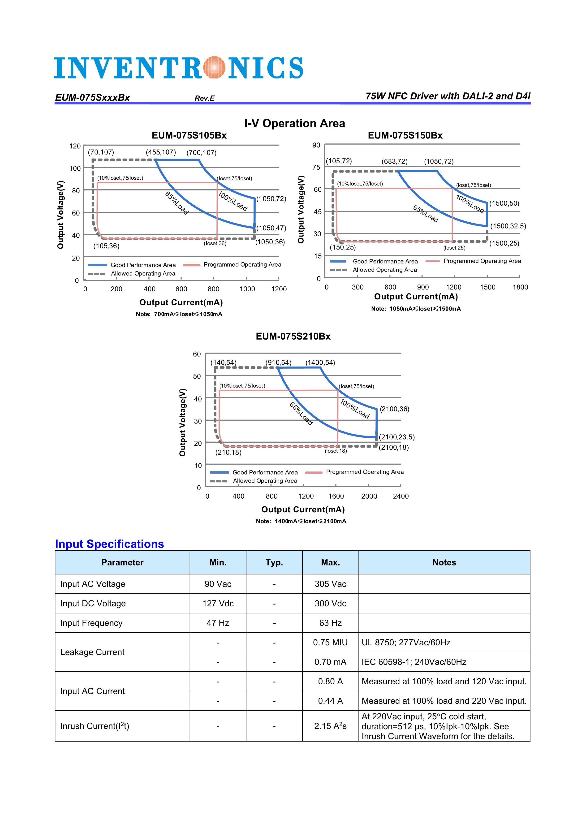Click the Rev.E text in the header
pos(204,98)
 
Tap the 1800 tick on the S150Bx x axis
pos(520,287)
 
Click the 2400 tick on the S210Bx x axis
pos(401,496)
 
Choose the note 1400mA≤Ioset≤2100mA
pos(301,521)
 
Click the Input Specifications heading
pos(109,544)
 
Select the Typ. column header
pos(274,562)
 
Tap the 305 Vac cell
pos(330,584)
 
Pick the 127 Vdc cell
pos(218,603)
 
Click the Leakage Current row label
pos(92,652)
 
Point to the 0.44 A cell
pos(330,701)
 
